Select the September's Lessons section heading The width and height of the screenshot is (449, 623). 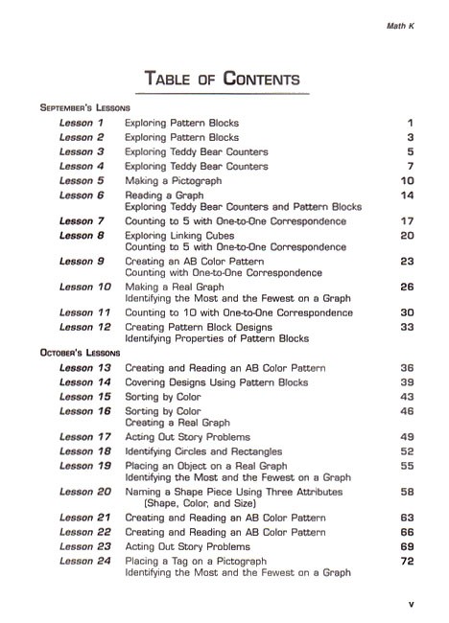click(x=85, y=108)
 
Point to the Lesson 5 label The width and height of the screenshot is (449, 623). click(x=82, y=180)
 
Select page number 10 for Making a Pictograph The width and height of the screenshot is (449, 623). click(x=407, y=180)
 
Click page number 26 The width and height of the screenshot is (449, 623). click(x=407, y=287)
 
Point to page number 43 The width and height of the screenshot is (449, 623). click(x=407, y=397)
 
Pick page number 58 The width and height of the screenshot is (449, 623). click(x=407, y=492)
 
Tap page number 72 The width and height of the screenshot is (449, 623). click(x=407, y=561)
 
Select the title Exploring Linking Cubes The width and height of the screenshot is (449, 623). click(x=184, y=235)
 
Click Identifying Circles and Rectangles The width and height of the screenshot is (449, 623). click(x=203, y=451)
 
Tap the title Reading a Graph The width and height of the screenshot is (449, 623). click(x=164, y=195)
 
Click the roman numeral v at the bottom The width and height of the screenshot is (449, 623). click(x=410, y=604)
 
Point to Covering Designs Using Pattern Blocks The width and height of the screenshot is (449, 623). click(x=217, y=382)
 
